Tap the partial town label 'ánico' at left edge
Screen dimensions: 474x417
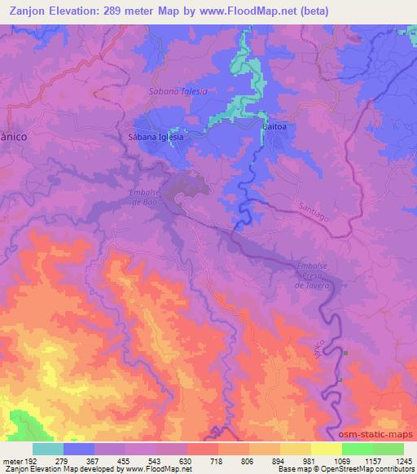coord(14,138)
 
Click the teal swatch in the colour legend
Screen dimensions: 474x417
coord(47,449)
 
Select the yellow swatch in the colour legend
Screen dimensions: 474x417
coord(326,449)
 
